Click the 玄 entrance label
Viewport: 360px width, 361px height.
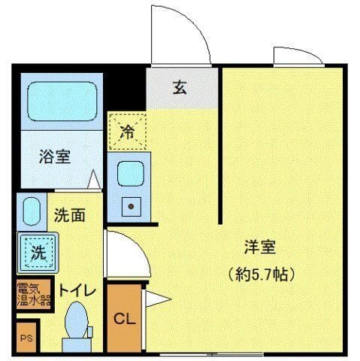(x=180, y=87)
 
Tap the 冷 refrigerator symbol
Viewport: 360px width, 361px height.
(x=128, y=133)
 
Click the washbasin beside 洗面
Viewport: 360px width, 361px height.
(x=31, y=212)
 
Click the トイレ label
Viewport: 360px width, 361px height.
(x=76, y=289)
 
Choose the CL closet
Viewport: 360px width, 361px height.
(x=124, y=317)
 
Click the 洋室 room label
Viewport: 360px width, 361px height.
(x=260, y=246)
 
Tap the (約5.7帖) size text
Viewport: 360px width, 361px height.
(x=260, y=272)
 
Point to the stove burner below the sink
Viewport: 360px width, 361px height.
(x=130, y=205)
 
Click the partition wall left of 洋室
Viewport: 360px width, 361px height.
(x=219, y=147)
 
